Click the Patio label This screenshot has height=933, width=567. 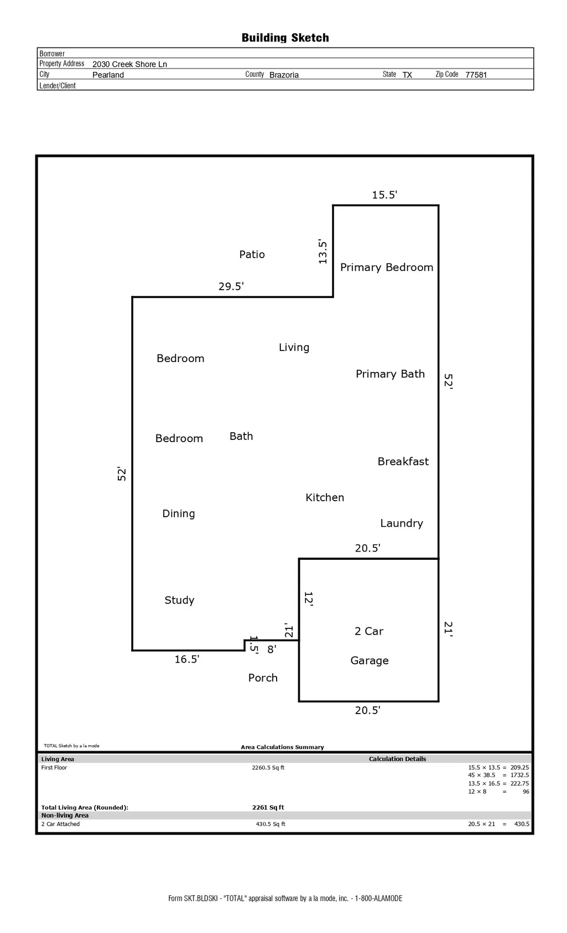(252, 254)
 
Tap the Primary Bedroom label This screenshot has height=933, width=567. (387, 268)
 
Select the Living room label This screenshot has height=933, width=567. (294, 348)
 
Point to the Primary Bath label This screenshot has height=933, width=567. (390, 374)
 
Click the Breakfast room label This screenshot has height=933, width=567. (403, 462)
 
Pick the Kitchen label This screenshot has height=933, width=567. (325, 498)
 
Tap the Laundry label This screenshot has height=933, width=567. (402, 523)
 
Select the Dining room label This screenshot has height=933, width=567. (179, 514)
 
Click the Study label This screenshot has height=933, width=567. (179, 601)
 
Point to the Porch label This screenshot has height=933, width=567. (263, 678)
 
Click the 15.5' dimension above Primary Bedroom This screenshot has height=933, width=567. (384, 195)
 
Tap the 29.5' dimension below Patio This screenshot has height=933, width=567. (231, 286)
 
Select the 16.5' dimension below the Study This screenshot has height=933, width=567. (187, 659)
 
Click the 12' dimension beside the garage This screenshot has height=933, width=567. (309, 599)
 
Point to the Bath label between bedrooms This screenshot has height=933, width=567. (241, 437)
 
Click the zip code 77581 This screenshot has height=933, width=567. (476, 75)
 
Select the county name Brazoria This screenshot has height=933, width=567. (284, 75)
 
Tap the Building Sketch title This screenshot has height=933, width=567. (285, 38)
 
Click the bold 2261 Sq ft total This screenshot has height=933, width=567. (268, 807)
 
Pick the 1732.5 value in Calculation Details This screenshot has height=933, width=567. (519, 775)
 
